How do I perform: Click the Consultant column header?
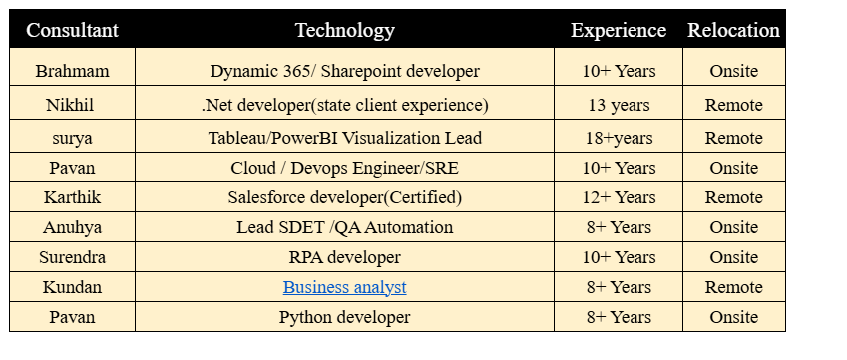point(72,30)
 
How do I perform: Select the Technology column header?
point(344,30)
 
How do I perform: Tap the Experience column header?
point(618,30)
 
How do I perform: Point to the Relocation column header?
point(733,30)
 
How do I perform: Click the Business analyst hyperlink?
point(344,287)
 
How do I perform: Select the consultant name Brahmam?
point(72,71)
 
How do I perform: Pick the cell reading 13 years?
point(618,105)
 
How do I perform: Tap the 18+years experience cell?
point(618,138)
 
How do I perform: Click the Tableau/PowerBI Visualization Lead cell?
point(344,138)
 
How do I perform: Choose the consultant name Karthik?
point(72,197)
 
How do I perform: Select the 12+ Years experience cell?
point(618,197)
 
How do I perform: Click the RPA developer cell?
point(344,257)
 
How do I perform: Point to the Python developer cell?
point(344,317)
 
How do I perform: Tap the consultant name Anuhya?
point(72,227)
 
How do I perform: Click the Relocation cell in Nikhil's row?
point(733,105)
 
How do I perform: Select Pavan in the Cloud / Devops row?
point(72,168)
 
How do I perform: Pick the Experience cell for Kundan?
point(618,287)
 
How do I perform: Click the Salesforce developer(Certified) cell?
point(344,197)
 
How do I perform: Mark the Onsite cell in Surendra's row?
point(733,257)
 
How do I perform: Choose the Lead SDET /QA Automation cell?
point(344,227)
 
